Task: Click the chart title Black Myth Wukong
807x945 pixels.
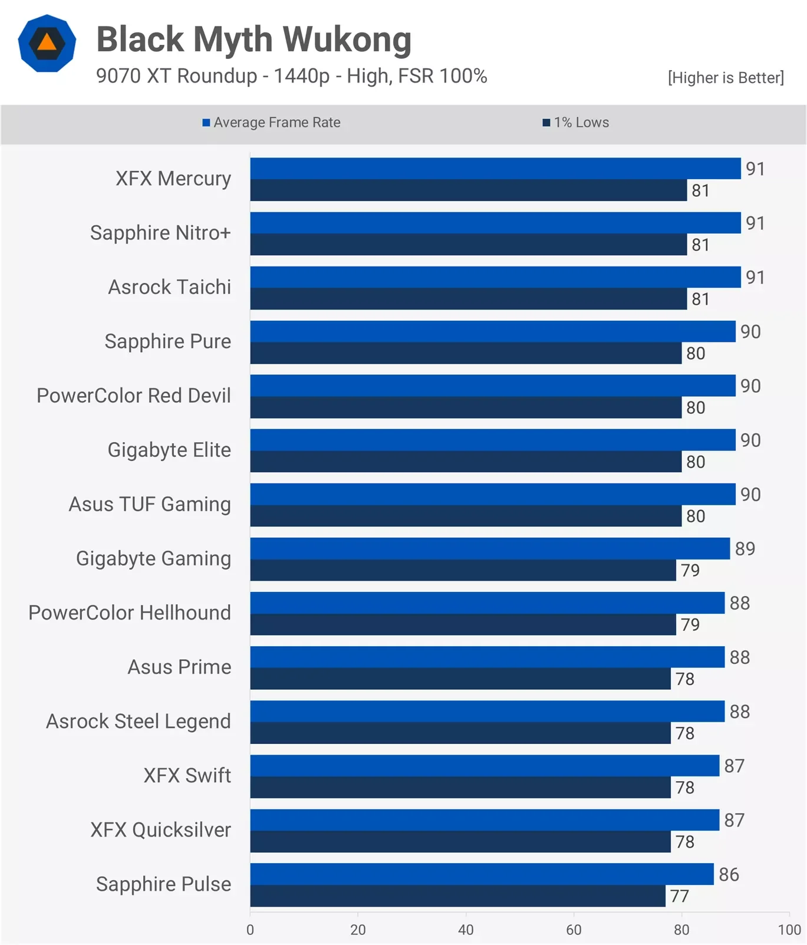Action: click(253, 39)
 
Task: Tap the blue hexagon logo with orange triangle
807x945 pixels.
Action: click(47, 43)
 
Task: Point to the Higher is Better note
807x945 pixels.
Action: click(726, 78)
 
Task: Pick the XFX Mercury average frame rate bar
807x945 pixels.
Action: click(495, 169)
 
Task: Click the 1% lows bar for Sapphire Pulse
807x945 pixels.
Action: click(457, 896)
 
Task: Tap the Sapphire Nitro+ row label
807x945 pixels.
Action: click(160, 233)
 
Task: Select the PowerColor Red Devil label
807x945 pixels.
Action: click(134, 396)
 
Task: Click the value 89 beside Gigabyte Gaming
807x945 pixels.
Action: click(745, 549)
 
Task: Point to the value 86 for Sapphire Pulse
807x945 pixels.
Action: click(729, 874)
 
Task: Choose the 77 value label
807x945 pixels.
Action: click(680, 896)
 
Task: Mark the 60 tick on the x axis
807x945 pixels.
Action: click(574, 930)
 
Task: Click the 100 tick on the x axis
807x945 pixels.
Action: click(789, 930)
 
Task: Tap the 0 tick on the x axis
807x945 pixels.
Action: click(251, 930)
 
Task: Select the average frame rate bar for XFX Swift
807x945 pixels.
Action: click(485, 766)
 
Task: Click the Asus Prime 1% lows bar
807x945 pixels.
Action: click(460, 679)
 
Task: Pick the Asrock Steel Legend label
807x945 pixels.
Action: click(139, 721)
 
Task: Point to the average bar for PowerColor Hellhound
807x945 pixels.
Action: click(487, 603)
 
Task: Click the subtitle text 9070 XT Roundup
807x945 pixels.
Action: click(177, 76)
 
